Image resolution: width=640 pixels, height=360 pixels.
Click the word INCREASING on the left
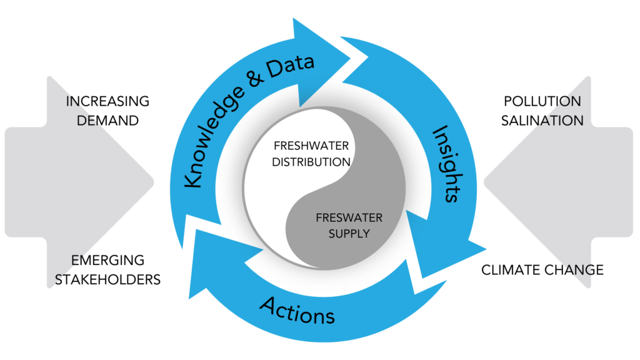(107, 101)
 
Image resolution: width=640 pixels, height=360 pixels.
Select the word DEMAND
(107, 120)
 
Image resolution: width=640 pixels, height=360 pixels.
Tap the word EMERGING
(107, 260)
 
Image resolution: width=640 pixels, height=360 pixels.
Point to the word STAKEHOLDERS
(107, 279)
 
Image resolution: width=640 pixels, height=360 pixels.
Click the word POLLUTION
(542, 101)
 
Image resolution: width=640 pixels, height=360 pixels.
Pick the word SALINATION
(542, 120)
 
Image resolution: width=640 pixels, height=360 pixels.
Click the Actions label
(297, 310)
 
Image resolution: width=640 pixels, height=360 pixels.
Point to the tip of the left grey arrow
(154, 182)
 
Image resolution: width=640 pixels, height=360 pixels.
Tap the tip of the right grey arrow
(485, 182)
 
